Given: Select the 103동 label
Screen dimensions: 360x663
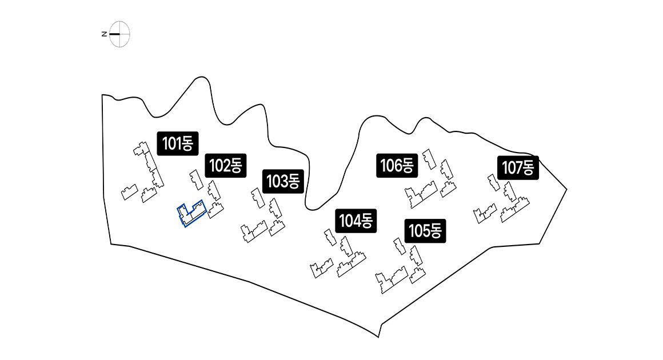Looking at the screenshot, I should (283, 182).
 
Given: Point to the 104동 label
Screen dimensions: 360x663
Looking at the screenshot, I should (356, 220).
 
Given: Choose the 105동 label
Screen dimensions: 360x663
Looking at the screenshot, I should (425, 231).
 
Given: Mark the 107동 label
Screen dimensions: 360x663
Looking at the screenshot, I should (517, 167).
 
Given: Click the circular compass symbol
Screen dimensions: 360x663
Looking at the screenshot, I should (120, 34).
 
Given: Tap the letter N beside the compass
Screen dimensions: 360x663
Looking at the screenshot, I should (104, 34).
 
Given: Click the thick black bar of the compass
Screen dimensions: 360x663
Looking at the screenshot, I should (115, 34).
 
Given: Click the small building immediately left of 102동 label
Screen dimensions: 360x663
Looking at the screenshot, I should (195, 179).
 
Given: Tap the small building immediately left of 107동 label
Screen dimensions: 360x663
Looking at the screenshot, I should (493, 182).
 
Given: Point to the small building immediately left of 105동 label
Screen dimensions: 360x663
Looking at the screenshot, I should (399, 246).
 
